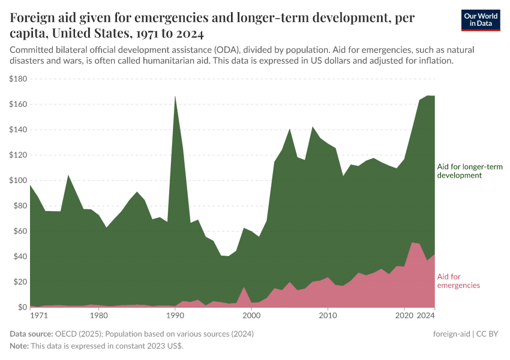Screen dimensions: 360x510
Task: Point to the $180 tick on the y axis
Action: point(19,79)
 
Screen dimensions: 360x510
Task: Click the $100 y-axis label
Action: point(19,181)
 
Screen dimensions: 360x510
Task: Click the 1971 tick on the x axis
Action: point(39,316)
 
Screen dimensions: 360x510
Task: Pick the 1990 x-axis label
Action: point(175,316)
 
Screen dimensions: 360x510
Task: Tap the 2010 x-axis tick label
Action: point(328,316)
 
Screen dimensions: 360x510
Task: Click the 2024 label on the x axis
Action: point(425,316)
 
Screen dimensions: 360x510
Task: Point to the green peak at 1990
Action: point(175,97)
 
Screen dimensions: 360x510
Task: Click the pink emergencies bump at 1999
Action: point(244,289)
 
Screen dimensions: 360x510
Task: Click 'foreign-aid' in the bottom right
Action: point(452,334)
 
